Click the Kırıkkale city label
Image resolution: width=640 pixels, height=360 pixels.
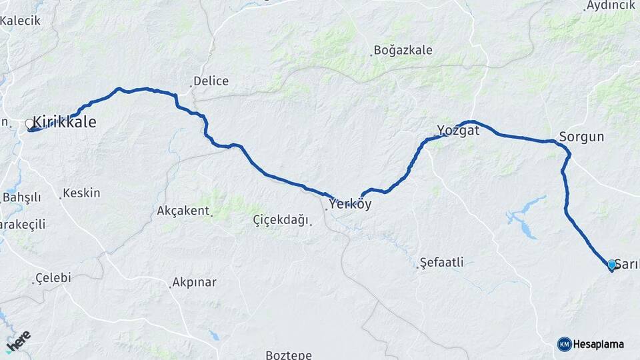pyautogui.click(x=64, y=123)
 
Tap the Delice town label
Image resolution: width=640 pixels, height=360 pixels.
pyautogui.click(x=211, y=81)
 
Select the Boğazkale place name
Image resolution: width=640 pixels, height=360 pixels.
pyautogui.click(x=403, y=50)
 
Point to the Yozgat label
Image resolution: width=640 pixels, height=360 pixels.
pyautogui.click(x=458, y=130)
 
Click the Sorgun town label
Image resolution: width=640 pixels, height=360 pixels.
pyautogui.click(x=581, y=137)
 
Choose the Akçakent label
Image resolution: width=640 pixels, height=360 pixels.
pyautogui.click(x=183, y=211)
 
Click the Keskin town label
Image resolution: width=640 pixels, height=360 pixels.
pyautogui.click(x=81, y=193)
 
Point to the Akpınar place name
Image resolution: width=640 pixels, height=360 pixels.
pyautogui.click(x=194, y=283)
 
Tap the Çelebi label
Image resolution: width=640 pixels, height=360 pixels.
pyautogui.click(x=53, y=278)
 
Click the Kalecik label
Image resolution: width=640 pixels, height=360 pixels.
pyautogui.click(x=20, y=21)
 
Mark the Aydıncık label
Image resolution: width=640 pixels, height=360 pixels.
pyautogui.click(x=610, y=5)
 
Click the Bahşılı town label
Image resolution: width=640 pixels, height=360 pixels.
pyautogui.click(x=21, y=197)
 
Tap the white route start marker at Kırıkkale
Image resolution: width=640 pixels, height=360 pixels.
pyautogui.click(x=29, y=123)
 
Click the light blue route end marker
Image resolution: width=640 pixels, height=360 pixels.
pyautogui.click(x=611, y=265)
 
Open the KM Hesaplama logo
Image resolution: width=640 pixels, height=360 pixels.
pyautogui.click(x=591, y=344)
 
